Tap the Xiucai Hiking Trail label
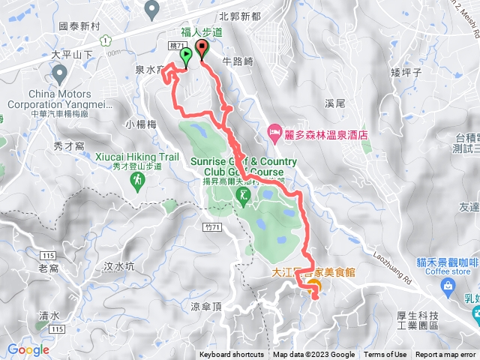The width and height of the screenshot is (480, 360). tap(138, 157)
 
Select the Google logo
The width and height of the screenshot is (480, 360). tap(28, 349)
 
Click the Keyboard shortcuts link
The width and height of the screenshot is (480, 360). tap(232, 355)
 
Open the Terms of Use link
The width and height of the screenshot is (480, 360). tap(385, 355)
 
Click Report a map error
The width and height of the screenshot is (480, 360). tap(445, 355)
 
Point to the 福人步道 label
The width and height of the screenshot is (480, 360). tap(202, 32)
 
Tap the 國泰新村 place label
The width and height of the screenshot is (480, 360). tap(79, 26)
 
